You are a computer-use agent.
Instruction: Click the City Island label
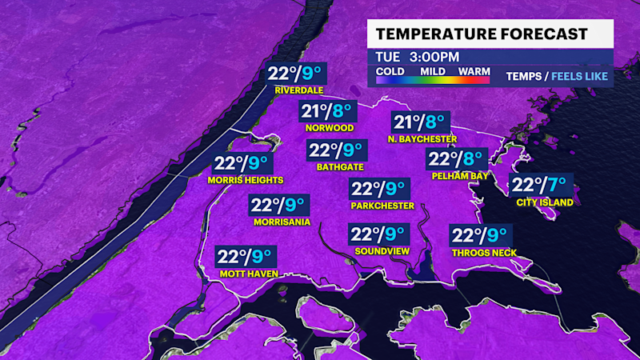point(545,202)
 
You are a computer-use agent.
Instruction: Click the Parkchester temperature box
point(379,190)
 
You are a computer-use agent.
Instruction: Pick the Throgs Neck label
point(483,253)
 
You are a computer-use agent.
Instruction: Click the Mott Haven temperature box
point(245,258)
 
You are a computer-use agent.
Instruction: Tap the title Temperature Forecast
point(482,34)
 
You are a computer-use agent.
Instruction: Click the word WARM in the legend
point(474,70)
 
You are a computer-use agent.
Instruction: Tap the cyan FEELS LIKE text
point(579,77)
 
